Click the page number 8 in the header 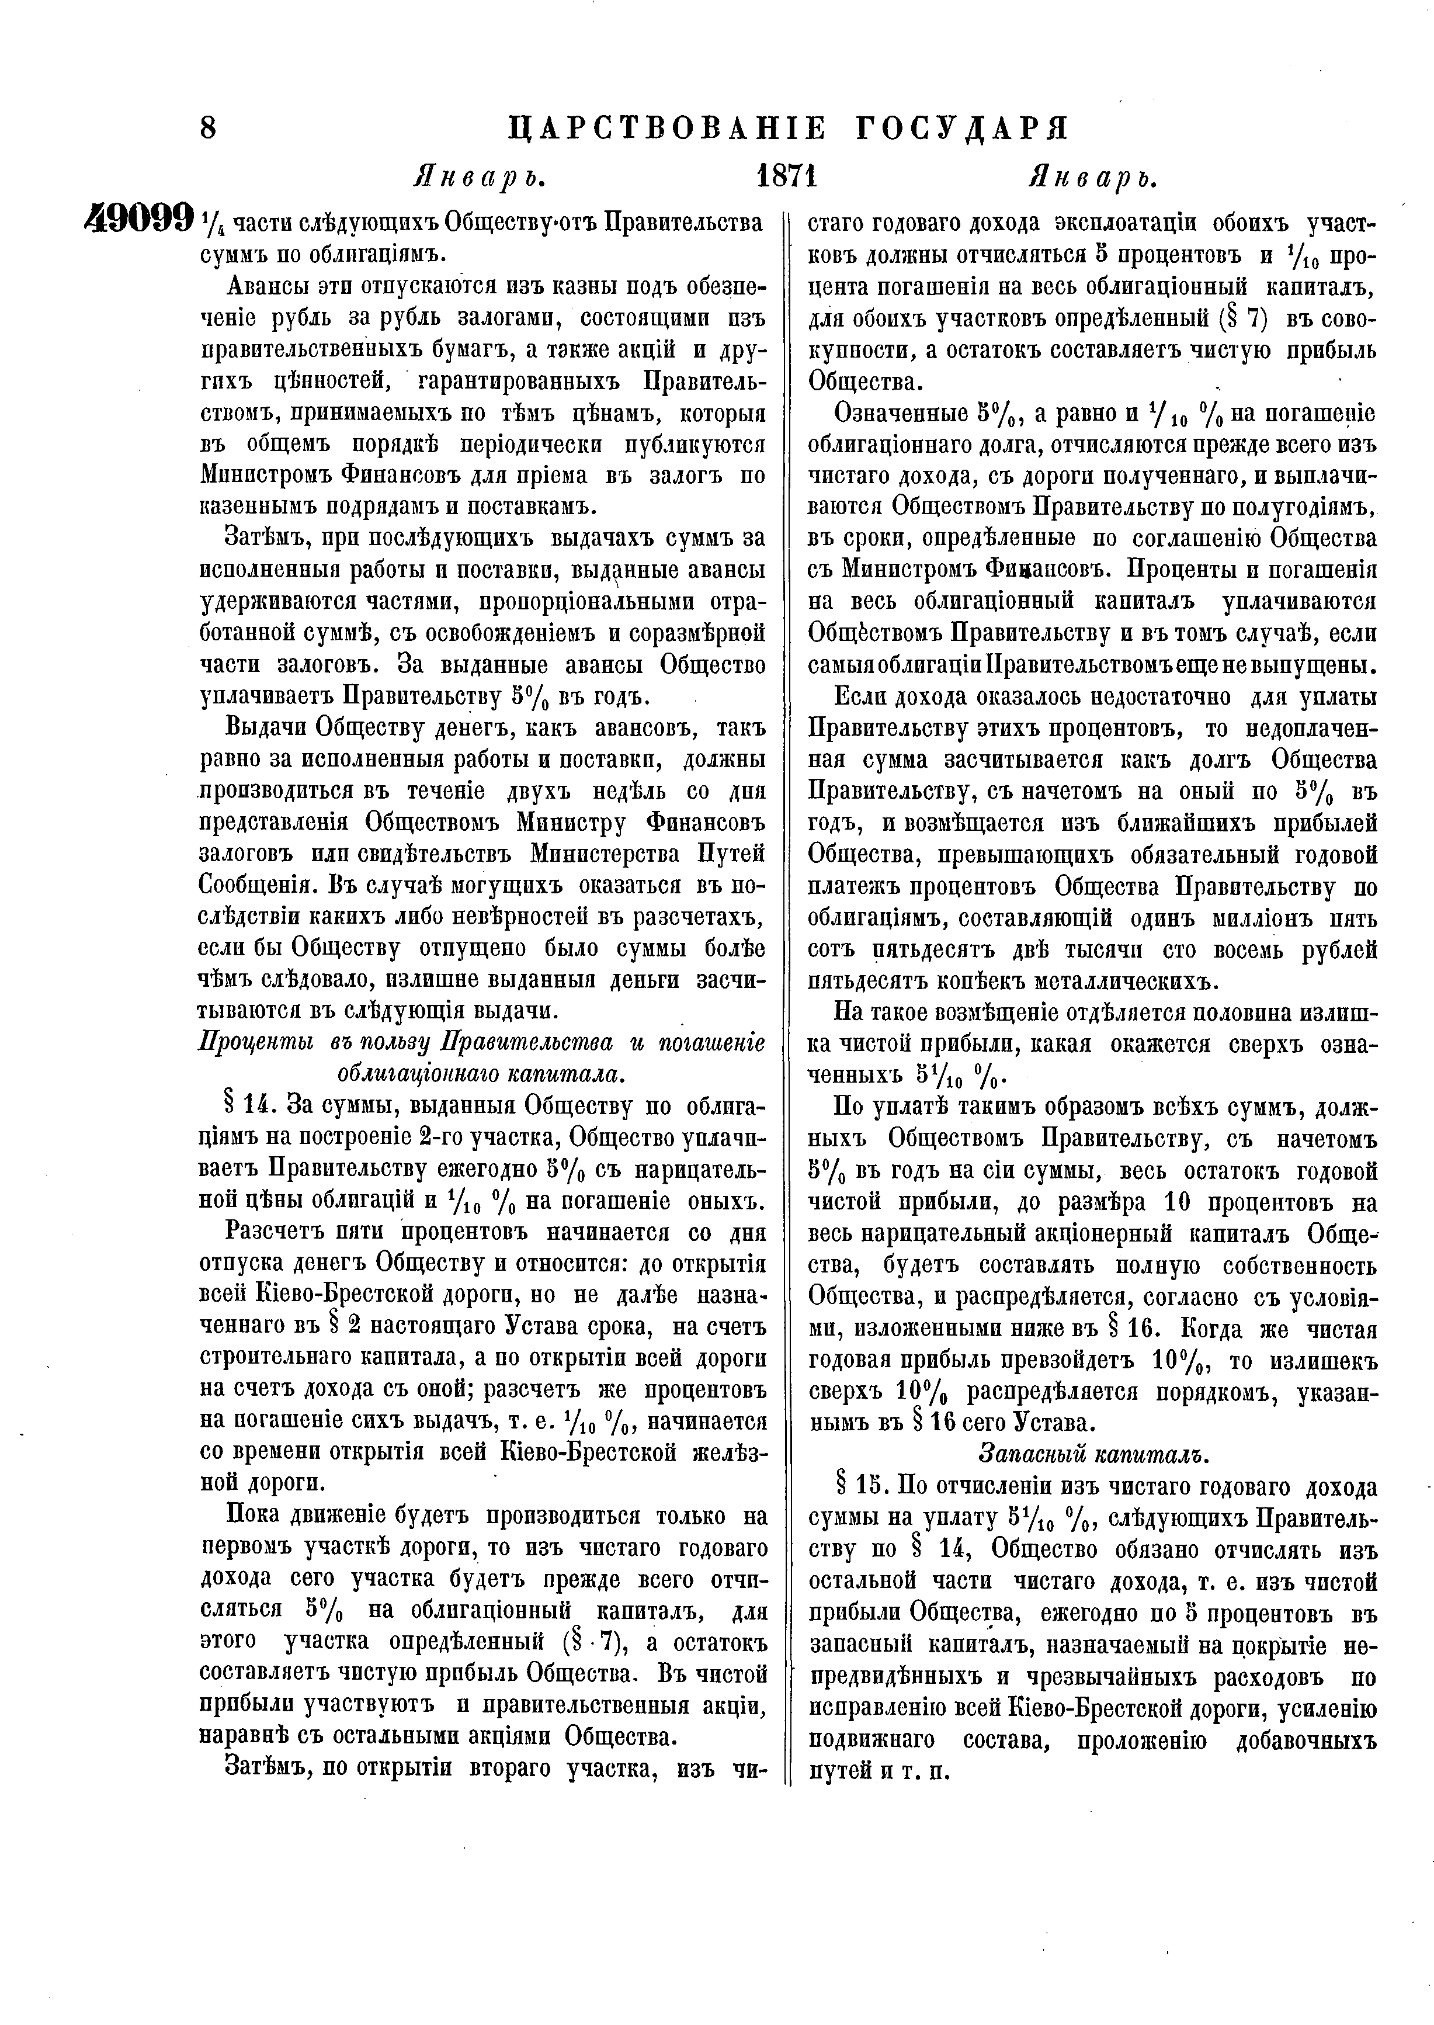(209, 129)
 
